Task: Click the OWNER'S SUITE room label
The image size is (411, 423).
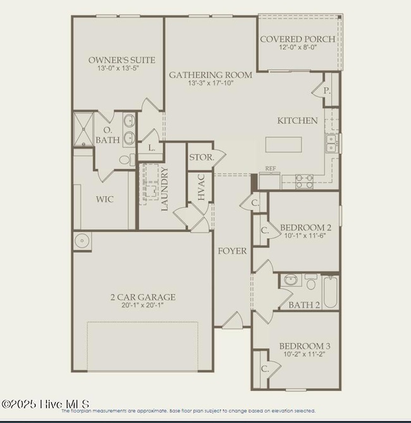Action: (122, 60)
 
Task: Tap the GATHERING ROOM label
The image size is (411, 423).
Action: (210, 75)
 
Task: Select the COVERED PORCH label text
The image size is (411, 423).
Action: (297, 39)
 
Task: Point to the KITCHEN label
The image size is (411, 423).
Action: (297, 120)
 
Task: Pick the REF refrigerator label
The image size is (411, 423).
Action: (271, 169)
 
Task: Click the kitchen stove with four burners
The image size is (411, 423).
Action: (304, 181)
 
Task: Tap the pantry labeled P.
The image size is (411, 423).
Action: (327, 91)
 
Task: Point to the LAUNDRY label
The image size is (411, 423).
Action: (165, 189)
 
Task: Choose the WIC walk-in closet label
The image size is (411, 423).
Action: (105, 199)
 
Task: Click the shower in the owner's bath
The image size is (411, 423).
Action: (83, 129)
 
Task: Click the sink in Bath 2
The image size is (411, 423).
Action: (291, 280)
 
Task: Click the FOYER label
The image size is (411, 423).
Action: (232, 251)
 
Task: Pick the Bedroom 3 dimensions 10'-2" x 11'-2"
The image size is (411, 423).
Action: (305, 355)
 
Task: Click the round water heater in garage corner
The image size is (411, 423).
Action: (82, 241)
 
